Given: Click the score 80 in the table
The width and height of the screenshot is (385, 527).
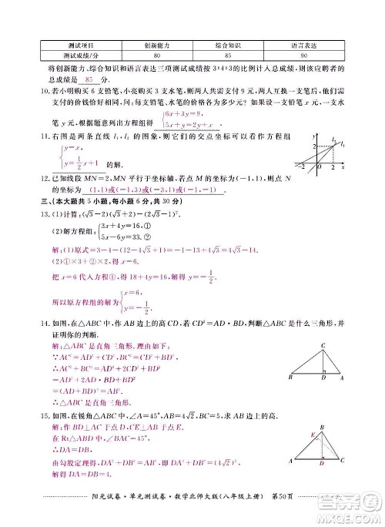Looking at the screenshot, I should tap(156, 56).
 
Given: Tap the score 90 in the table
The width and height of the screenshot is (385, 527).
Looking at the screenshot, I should tap(304, 56).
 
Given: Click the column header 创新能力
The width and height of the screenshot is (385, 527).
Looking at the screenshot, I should tap(156, 45).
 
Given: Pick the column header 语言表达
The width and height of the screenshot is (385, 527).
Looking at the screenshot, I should tap(304, 45).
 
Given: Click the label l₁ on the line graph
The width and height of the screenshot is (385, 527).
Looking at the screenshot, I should tap(333, 140).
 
